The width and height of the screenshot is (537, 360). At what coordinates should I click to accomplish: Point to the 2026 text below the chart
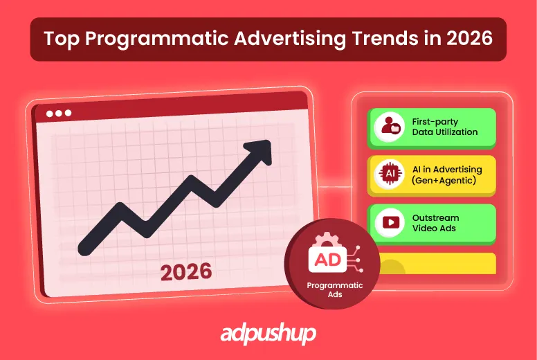tap(185, 272)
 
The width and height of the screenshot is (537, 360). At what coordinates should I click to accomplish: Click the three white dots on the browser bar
tap(58, 113)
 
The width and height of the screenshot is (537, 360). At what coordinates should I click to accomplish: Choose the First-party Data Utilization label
tap(444, 127)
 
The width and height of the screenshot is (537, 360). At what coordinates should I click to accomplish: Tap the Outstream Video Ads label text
tap(435, 223)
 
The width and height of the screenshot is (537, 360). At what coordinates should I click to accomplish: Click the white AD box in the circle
tap(326, 259)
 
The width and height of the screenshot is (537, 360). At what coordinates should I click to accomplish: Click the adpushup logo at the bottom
tap(268, 334)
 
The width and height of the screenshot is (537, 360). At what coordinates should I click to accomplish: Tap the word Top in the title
tap(57, 38)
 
